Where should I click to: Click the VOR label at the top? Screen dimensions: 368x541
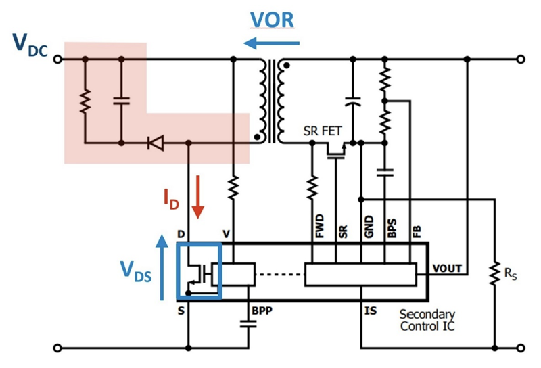point(271,20)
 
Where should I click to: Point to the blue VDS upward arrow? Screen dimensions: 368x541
point(162,267)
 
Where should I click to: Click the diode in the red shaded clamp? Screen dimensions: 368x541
point(155,143)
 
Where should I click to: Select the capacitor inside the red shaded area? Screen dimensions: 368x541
point(121,101)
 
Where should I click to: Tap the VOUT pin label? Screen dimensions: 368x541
point(448,269)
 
